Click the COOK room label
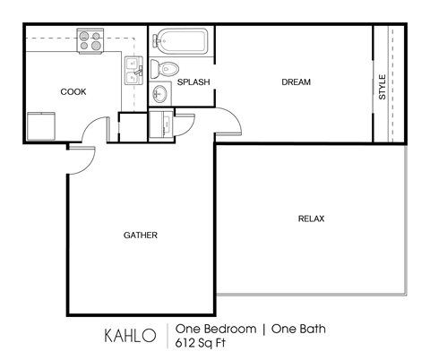[x=73, y=91]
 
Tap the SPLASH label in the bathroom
[x=193, y=82]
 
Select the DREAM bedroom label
[x=296, y=82]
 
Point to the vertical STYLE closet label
[x=383, y=86]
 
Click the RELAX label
[x=311, y=219]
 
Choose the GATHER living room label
[x=141, y=236]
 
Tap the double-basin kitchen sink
[x=133, y=72]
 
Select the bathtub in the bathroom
[x=182, y=41]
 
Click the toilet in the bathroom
[x=167, y=69]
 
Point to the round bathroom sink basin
[x=161, y=93]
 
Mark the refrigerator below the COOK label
[x=40, y=126]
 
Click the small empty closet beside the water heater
[x=132, y=127]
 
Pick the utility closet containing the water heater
[x=161, y=125]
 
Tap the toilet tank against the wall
[x=154, y=69]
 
